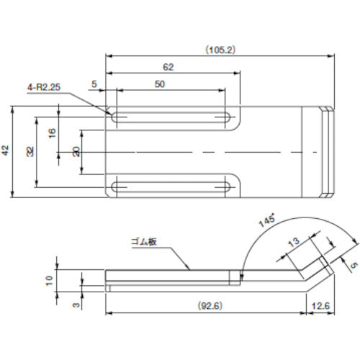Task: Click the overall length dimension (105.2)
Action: click(220, 50)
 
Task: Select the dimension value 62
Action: click(168, 66)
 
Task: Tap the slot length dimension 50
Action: click(159, 84)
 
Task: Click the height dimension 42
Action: click(6, 150)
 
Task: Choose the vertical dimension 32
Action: click(31, 151)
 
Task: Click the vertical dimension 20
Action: click(76, 151)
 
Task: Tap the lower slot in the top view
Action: click(171, 187)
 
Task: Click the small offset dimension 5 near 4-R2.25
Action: click(95, 84)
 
